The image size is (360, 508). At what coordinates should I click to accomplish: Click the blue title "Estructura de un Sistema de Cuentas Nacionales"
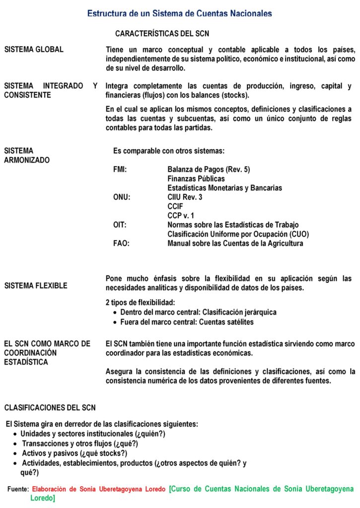tap(179, 13)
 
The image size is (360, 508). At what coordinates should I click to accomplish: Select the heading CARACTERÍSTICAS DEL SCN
tap(162, 34)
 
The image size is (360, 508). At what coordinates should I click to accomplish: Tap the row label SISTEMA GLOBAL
tap(34, 50)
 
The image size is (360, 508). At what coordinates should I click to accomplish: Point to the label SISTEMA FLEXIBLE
tap(36, 286)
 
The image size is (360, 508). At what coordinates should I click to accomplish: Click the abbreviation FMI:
tap(120, 170)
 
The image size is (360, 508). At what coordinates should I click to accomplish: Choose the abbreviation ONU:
tap(122, 197)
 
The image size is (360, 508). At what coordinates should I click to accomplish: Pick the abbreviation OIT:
tap(120, 225)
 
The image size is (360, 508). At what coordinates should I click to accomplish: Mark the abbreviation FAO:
tap(121, 244)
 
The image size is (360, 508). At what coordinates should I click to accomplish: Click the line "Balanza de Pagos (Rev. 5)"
tap(209, 170)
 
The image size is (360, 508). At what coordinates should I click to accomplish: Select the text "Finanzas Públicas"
tap(196, 179)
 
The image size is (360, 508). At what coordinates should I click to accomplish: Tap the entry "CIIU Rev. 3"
tap(185, 197)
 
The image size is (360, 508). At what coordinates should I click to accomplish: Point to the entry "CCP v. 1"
tap(181, 216)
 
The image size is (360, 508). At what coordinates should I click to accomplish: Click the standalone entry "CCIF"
tap(176, 206)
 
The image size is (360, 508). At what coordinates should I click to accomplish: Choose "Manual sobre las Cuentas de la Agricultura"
tap(235, 244)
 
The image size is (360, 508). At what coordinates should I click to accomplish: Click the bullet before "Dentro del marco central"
tap(115, 313)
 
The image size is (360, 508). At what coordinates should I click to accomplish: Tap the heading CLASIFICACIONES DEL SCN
tap(50, 408)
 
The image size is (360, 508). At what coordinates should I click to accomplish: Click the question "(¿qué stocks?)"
tap(103, 453)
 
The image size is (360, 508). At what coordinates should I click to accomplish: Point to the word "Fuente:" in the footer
tap(18, 489)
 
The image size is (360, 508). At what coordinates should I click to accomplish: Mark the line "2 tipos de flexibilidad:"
tap(141, 303)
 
